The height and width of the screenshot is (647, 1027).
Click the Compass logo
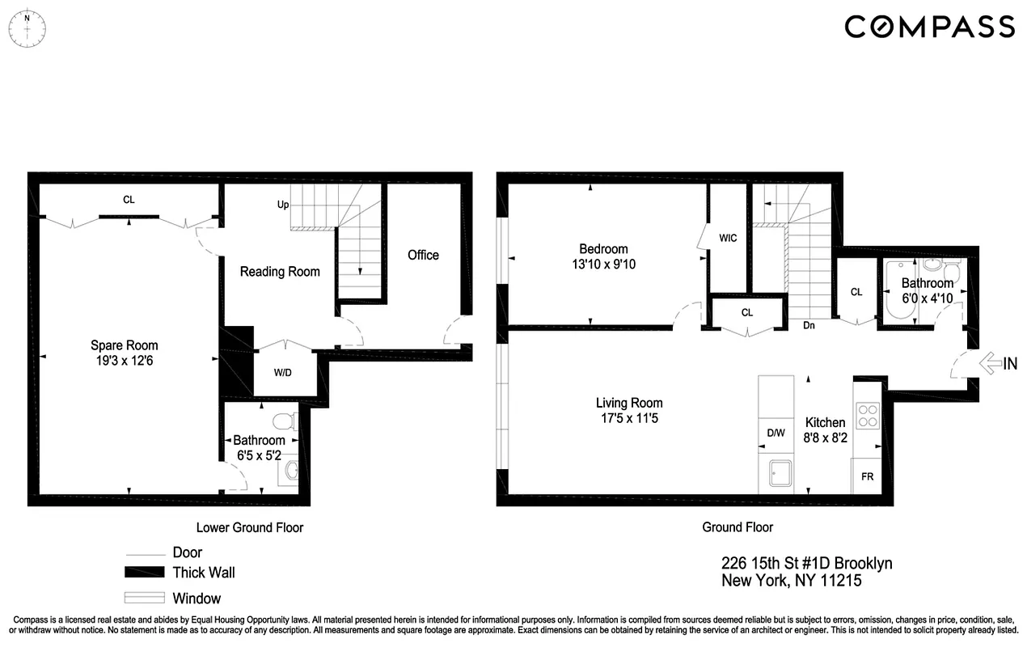tap(929, 27)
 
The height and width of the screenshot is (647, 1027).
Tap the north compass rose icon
tap(27, 27)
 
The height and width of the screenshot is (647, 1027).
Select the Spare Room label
tap(124, 345)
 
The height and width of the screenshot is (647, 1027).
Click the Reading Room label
tap(280, 272)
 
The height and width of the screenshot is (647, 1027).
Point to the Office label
tap(423, 255)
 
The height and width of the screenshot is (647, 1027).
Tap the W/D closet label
tap(283, 373)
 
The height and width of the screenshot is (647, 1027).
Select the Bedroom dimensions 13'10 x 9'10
tap(602, 264)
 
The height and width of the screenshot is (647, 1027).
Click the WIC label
tap(729, 238)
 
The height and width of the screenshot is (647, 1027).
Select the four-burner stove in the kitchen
tap(868, 415)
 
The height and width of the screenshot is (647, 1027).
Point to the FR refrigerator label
tap(867, 476)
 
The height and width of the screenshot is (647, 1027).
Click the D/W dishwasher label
tap(776, 433)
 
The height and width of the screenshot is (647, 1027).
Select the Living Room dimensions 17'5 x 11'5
tap(629, 418)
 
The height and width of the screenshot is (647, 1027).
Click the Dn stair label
tap(809, 326)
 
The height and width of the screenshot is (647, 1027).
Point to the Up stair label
tap(283, 205)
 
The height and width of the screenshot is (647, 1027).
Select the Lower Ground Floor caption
tap(250, 527)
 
